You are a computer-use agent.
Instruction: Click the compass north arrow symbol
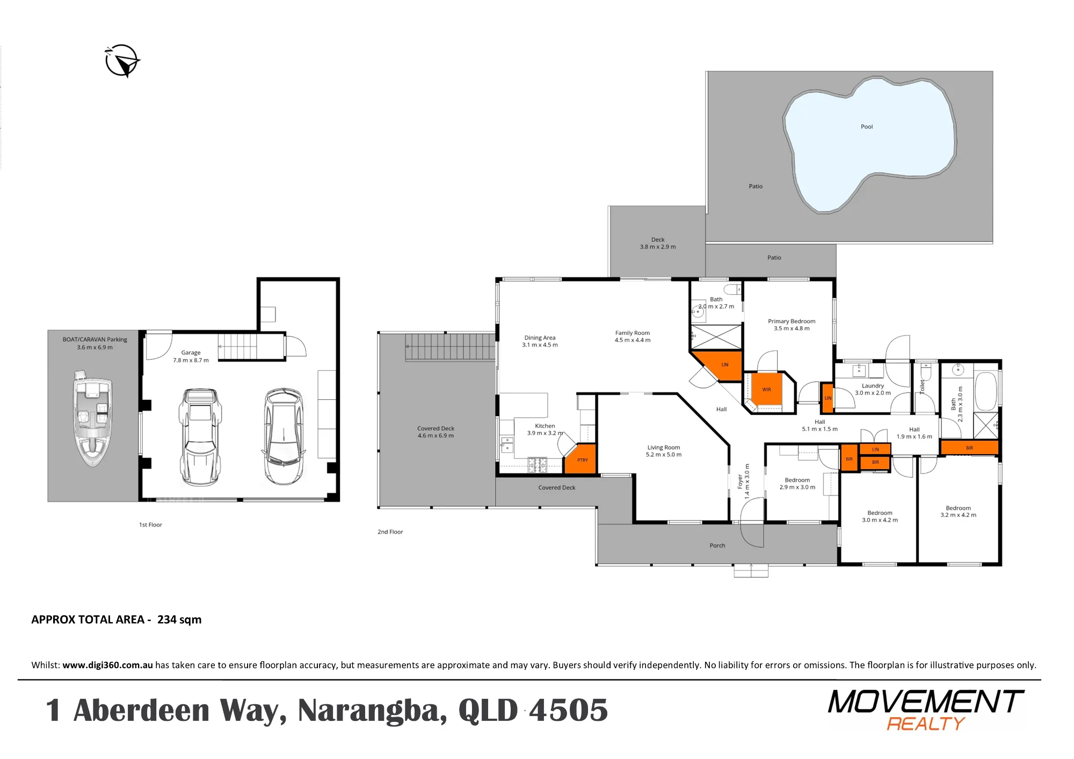[x=122, y=61]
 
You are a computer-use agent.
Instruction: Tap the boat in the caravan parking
[x=93, y=418]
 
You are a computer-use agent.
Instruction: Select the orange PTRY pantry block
[x=580, y=459]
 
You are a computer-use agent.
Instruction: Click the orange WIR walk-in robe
[x=766, y=389]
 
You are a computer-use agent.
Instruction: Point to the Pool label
[x=867, y=127]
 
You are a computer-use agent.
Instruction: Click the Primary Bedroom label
[x=792, y=321]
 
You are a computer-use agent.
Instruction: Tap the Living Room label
[x=664, y=447]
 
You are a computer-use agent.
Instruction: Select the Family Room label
[x=633, y=333]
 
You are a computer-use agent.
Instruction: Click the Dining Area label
[x=540, y=338]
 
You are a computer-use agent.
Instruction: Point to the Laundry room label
[x=873, y=385]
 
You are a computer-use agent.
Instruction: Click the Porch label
[x=717, y=545]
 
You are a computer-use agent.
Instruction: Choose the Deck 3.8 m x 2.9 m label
[x=658, y=243]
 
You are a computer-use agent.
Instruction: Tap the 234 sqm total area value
[x=179, y=619]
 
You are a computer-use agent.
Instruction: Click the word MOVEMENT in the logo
[x=926, y=702]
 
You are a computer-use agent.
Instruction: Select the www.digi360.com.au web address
[x=107, y=665]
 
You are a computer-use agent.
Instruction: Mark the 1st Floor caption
[x=150, y=525]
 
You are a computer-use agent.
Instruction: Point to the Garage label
[x=191, y=353]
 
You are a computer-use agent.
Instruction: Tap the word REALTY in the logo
[x=926, y=724]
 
